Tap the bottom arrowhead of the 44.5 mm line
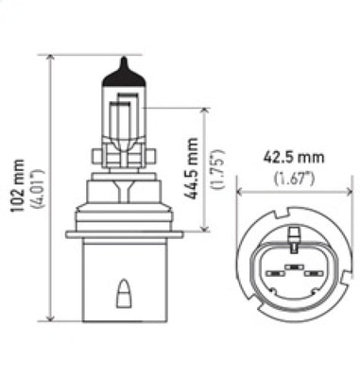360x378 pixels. point(201,227)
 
